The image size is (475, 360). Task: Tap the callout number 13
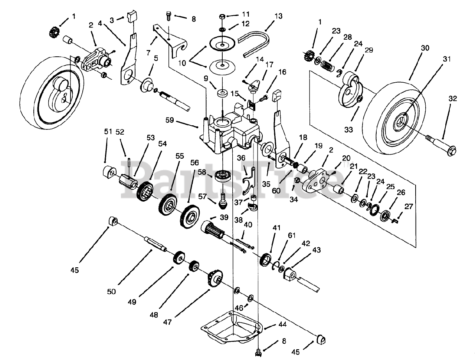click(x=278, y=16)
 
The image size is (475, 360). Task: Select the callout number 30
click(x=425, y=48)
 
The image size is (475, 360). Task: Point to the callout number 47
click(x=167, y=322)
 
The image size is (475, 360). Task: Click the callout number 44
click(x=282, y=325)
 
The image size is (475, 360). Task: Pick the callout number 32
click(x=453, y=99)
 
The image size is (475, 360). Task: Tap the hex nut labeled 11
click(x=222, y=17)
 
